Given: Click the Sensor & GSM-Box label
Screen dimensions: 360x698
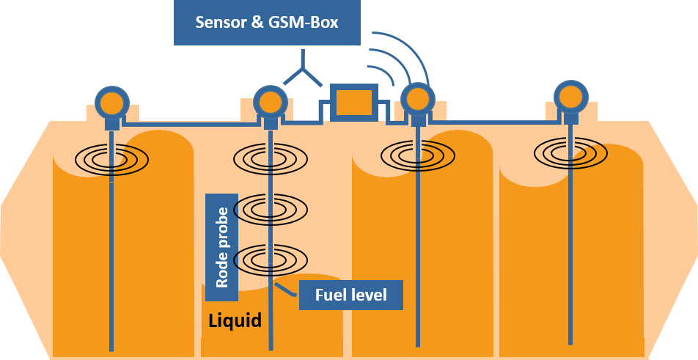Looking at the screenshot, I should tap(267, 22).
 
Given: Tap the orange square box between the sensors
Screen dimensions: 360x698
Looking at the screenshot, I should tap(353, 103).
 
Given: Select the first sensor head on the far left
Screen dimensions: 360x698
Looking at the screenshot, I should tap(112, 102).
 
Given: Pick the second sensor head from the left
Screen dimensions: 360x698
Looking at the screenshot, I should tap(270, 101).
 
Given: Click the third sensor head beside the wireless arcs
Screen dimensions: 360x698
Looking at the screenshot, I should tap(417, 98).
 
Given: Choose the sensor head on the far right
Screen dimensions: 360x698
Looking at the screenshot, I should tap(570, 96).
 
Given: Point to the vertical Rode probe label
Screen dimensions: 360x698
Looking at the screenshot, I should tap(221, 248).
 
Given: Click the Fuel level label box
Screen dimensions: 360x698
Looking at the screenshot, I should tap(351, 295).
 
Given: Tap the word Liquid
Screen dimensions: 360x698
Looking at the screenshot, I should tap(235, 321).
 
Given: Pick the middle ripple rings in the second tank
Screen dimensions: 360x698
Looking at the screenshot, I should tap(270, 209).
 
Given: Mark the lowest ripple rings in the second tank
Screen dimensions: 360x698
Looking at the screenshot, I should tap(270, 258).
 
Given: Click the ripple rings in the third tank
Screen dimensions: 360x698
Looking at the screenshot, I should tap(418, 155).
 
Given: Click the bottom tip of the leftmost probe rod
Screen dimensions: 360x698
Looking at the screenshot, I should tap(111, 349).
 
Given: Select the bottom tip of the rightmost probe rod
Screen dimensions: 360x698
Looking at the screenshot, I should tap(570, 342).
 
